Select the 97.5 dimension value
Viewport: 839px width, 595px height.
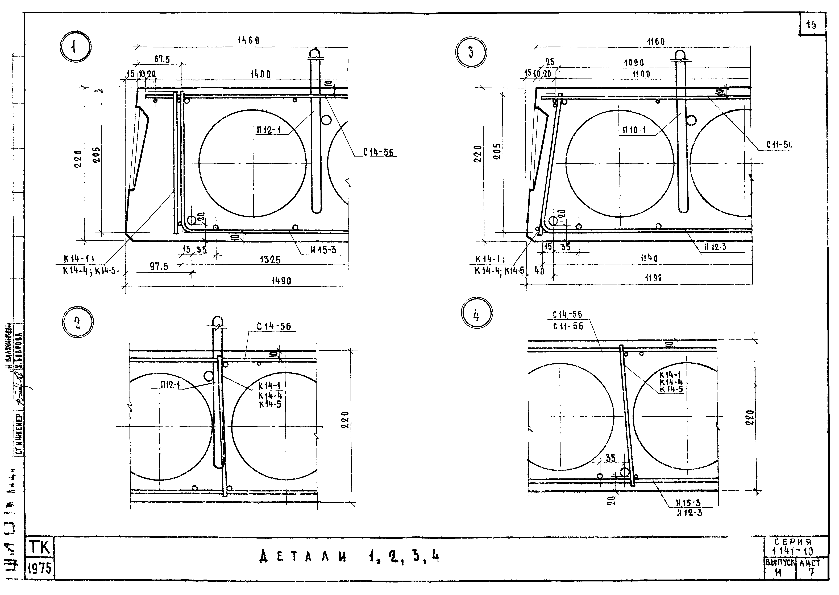[x=159, y=266]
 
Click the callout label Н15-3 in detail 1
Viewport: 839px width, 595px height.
[x=323, y=250]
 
